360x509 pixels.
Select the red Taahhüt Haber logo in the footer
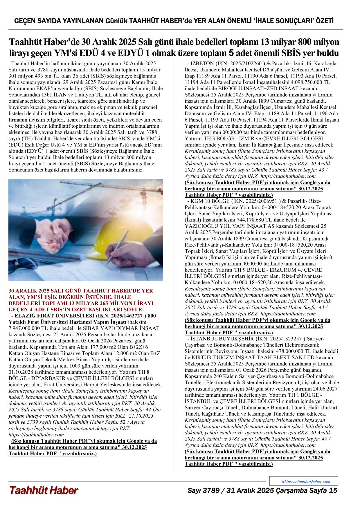44,490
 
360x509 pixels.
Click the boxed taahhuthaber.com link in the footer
306,481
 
